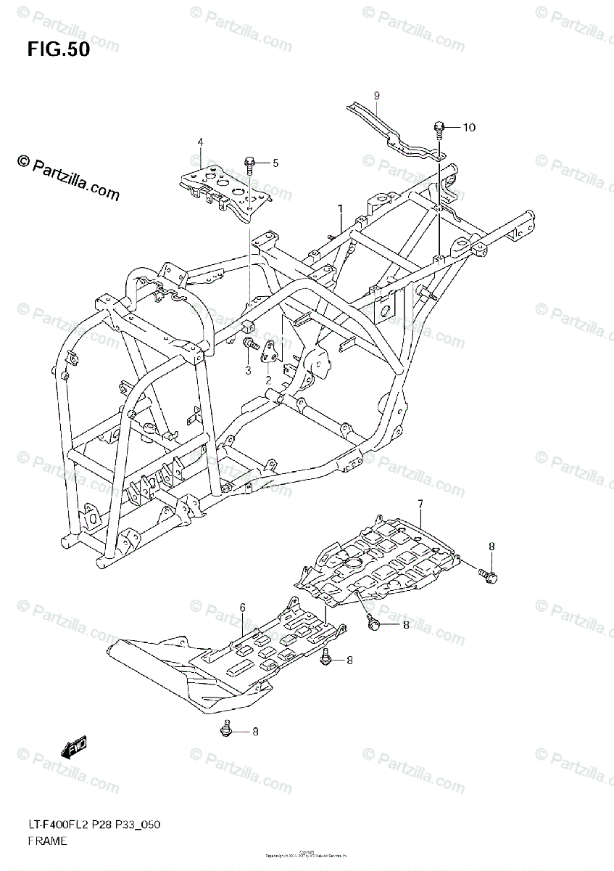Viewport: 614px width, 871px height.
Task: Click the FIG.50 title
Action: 59,49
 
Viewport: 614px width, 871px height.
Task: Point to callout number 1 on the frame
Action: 339,209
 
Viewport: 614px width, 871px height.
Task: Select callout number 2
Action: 268,380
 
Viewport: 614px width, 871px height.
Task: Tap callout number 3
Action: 247,370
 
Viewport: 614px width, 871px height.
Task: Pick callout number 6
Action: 243,607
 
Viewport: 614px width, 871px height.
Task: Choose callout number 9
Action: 377,96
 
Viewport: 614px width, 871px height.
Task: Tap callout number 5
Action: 275,163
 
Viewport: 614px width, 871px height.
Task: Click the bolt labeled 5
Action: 250,164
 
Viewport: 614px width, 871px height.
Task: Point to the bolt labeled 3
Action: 251,344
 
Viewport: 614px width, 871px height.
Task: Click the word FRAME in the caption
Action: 47,841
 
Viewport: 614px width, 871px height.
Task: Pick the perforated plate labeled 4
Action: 225,187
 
